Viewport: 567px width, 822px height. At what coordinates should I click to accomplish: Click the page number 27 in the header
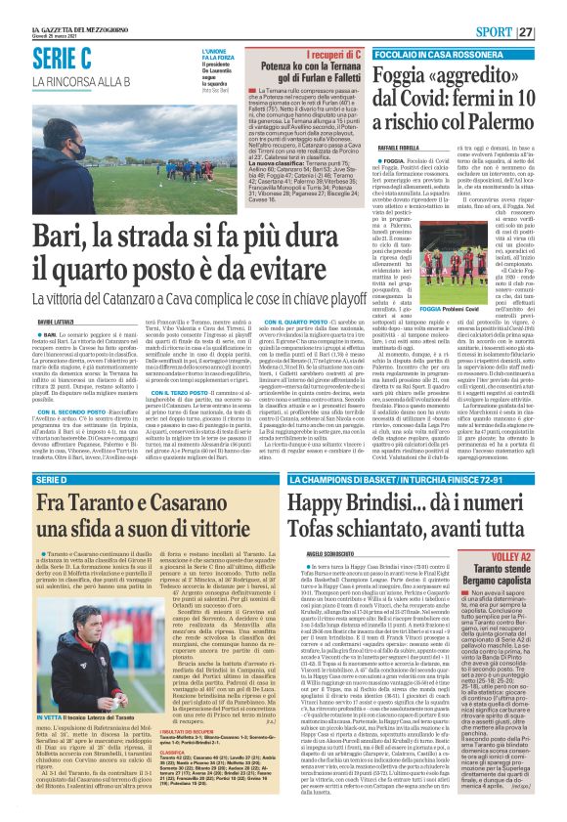click(x=552, y=31)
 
